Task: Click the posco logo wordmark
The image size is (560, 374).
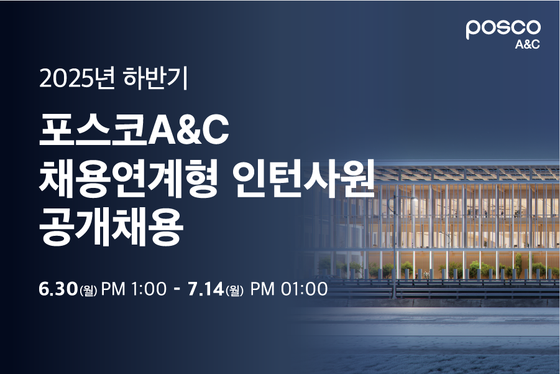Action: click(503, 29)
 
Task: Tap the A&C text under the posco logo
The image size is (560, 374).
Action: click(527, 44)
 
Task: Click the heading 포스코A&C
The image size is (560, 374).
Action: click(134, 130)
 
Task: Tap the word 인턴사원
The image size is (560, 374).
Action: click(303, 179)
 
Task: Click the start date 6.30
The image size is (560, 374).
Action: click(58, 289)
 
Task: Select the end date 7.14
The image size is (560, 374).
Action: click(205, 289)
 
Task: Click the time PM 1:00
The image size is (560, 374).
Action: click(134, 289)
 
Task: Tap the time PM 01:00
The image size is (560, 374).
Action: click(288, 289)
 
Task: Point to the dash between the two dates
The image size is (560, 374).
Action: click(176, 289)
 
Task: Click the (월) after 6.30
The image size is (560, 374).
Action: click(89, 290)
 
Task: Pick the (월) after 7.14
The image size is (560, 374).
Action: click(234, 290)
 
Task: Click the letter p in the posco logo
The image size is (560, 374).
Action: click(473, 30)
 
